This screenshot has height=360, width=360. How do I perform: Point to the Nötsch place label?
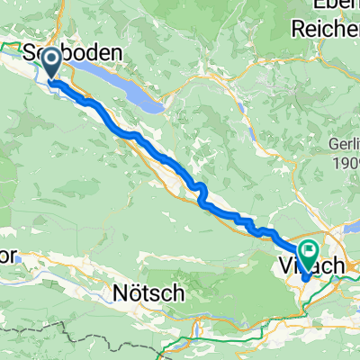pyautogui.click(x=149, y=292)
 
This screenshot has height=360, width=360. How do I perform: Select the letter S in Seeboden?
pyautogui.click(x=38, y=54)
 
